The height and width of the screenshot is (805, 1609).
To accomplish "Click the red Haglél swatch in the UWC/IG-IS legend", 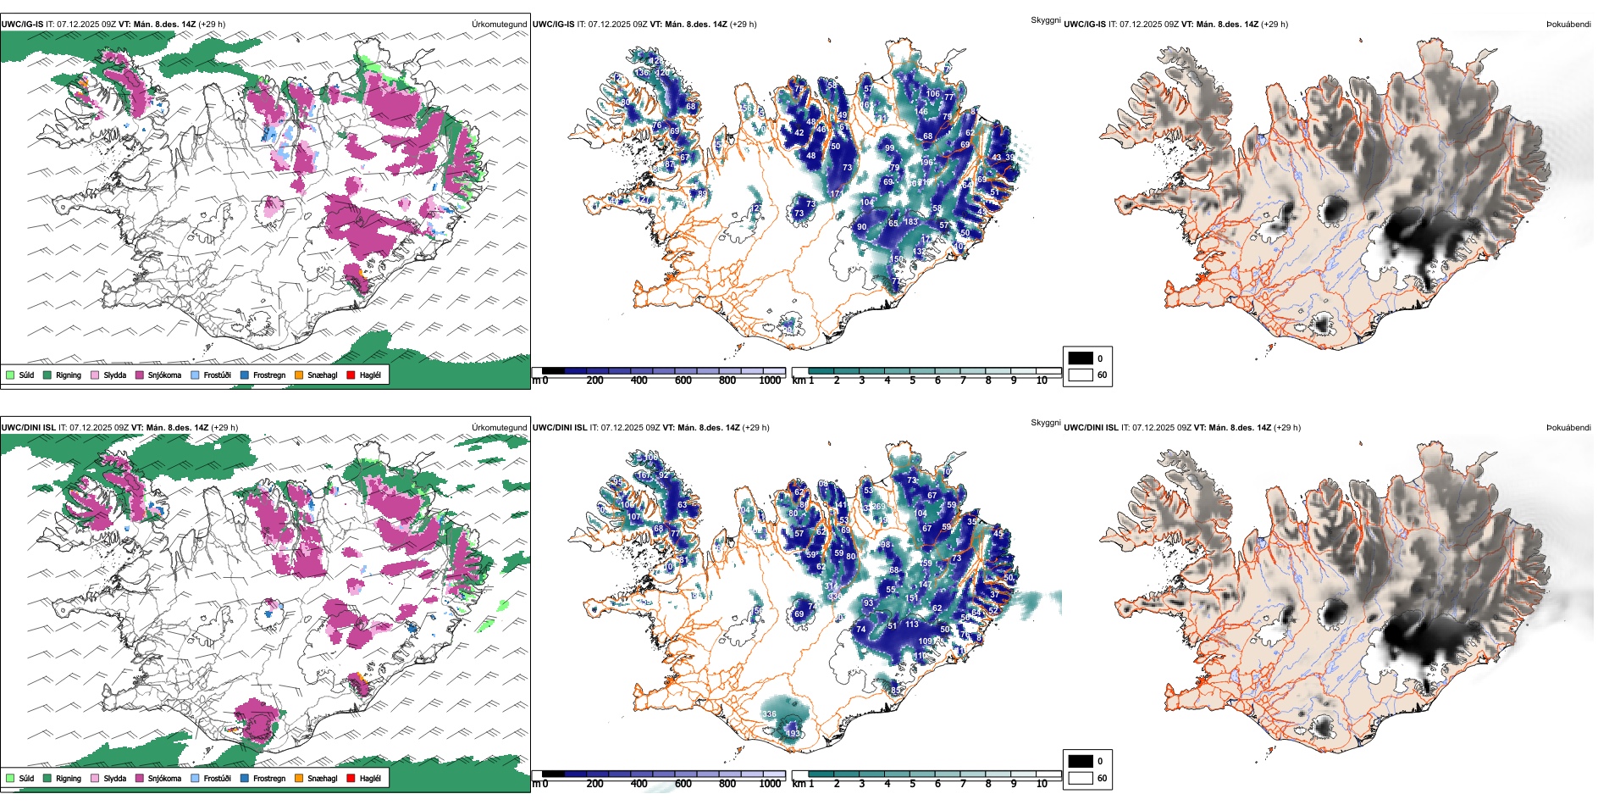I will point(351,375).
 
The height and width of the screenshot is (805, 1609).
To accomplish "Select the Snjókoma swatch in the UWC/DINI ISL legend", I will point(139,778).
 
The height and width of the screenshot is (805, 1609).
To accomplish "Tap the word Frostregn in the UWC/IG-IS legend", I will point(268,375).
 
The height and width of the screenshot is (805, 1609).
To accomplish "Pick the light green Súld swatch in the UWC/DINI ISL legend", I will point(10,778).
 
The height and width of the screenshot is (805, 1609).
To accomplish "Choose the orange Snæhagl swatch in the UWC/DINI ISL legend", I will point(299,778).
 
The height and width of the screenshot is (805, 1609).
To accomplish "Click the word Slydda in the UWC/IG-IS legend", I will point(114,375).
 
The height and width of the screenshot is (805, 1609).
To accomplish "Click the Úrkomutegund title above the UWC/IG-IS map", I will point(499,24).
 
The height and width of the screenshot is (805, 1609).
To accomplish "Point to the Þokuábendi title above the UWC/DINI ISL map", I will point(1568,427).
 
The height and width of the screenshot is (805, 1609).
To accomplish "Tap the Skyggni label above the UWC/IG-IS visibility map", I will point(1045,19).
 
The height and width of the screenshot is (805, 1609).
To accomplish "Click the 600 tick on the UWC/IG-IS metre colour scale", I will point(683,380).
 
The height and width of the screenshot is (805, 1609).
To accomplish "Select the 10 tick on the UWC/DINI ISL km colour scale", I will point(1042,784).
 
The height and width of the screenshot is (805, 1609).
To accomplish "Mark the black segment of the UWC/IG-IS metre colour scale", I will point(553,370).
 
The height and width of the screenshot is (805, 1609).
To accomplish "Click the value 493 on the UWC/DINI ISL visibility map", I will point(793,734).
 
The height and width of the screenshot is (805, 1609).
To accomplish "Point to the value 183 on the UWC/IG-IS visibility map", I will point(910,222).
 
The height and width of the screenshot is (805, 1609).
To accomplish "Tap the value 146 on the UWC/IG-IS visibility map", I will point(921,111).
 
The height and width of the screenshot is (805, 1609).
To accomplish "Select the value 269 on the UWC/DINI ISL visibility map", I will point(879,507).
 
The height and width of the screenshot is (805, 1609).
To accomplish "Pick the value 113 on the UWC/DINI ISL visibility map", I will point(911,625).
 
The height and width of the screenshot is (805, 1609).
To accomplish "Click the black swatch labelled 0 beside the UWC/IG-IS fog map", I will point(1081,358).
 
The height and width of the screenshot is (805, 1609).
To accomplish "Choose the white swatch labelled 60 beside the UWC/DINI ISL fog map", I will point(1081,778).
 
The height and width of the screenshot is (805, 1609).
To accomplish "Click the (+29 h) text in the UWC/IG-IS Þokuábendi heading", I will point(1274,24).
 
